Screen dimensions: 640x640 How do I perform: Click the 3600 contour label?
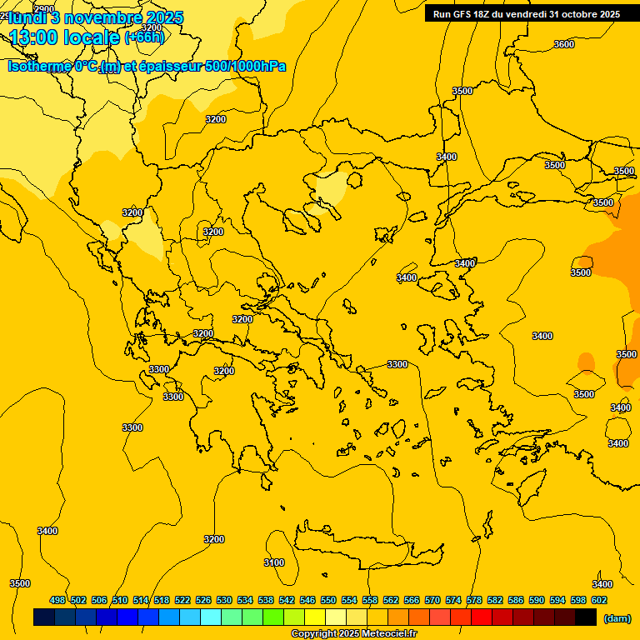coord(564,44)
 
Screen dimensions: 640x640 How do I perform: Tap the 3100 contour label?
coord(274,562)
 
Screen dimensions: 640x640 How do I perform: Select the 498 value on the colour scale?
coord(57,600)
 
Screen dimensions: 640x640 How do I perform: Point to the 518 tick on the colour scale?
coord(162,600)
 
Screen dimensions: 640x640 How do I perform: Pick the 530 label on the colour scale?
coord(224,600)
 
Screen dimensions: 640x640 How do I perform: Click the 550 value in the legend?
coord(328,600)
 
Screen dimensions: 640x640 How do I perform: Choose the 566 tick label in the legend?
coord(412,600)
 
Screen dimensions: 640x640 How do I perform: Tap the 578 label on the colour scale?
coord(474,600)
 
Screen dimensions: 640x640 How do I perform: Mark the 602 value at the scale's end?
coord(599,600)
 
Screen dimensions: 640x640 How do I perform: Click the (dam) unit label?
coord(617,617)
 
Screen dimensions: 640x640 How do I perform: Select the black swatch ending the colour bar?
coord(586,617)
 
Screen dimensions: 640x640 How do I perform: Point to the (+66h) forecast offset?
coord(144,37)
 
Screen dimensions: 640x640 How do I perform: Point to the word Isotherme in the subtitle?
coord(40,66)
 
